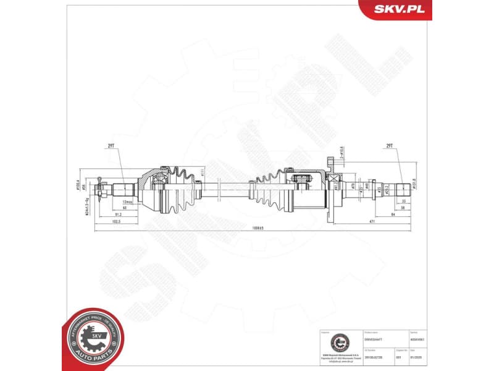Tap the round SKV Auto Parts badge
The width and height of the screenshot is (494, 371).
point(94,339)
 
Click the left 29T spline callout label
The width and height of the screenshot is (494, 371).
point(112,146)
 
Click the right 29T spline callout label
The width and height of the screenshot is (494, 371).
point(389,146)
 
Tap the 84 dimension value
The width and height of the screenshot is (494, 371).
point(393,215)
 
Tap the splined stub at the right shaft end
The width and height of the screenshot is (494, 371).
point(404,188)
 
